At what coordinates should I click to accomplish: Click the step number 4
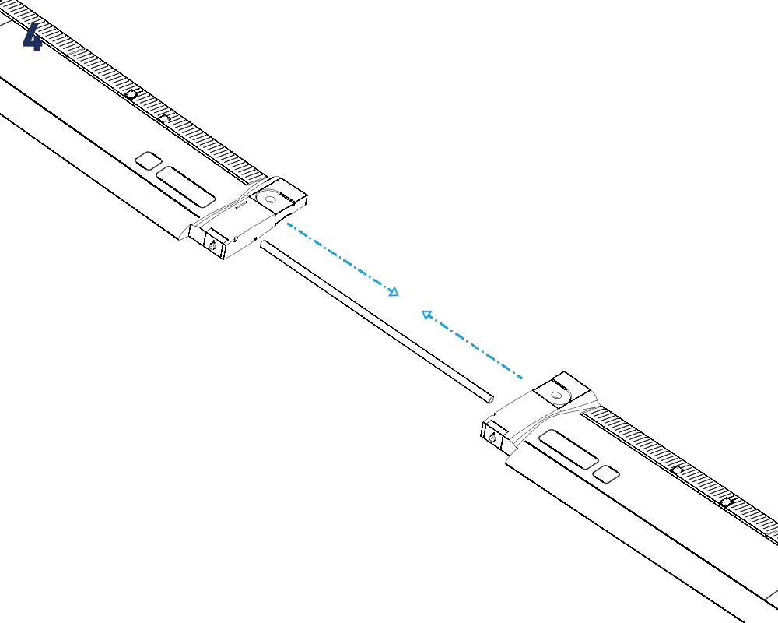point(32,37)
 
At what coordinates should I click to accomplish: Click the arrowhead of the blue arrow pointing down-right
point(394,291)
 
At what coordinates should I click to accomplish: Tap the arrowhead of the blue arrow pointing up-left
point(426,315)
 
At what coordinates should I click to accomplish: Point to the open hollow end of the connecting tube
point(491,399)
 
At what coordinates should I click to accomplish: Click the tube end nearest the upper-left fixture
point(263,244)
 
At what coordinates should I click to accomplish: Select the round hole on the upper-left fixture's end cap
point(271,199)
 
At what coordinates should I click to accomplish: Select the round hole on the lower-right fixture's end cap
point(557,396)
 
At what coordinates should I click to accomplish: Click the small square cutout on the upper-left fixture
point(149,160)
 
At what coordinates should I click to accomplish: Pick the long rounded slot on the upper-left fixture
point(186,187)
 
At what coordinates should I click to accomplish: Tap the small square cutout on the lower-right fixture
point(606,474)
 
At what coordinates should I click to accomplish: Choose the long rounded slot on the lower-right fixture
point(569,449)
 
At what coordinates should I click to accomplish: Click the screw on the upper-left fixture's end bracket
point(212,246)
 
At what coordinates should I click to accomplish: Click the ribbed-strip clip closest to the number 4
point(131,94)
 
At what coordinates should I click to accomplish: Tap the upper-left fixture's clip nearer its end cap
point(164,118)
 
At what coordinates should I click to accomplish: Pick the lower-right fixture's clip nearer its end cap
point(678,470)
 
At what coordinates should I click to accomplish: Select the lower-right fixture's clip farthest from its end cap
point(727,502)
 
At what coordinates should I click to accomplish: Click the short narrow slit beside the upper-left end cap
point(241,205)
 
